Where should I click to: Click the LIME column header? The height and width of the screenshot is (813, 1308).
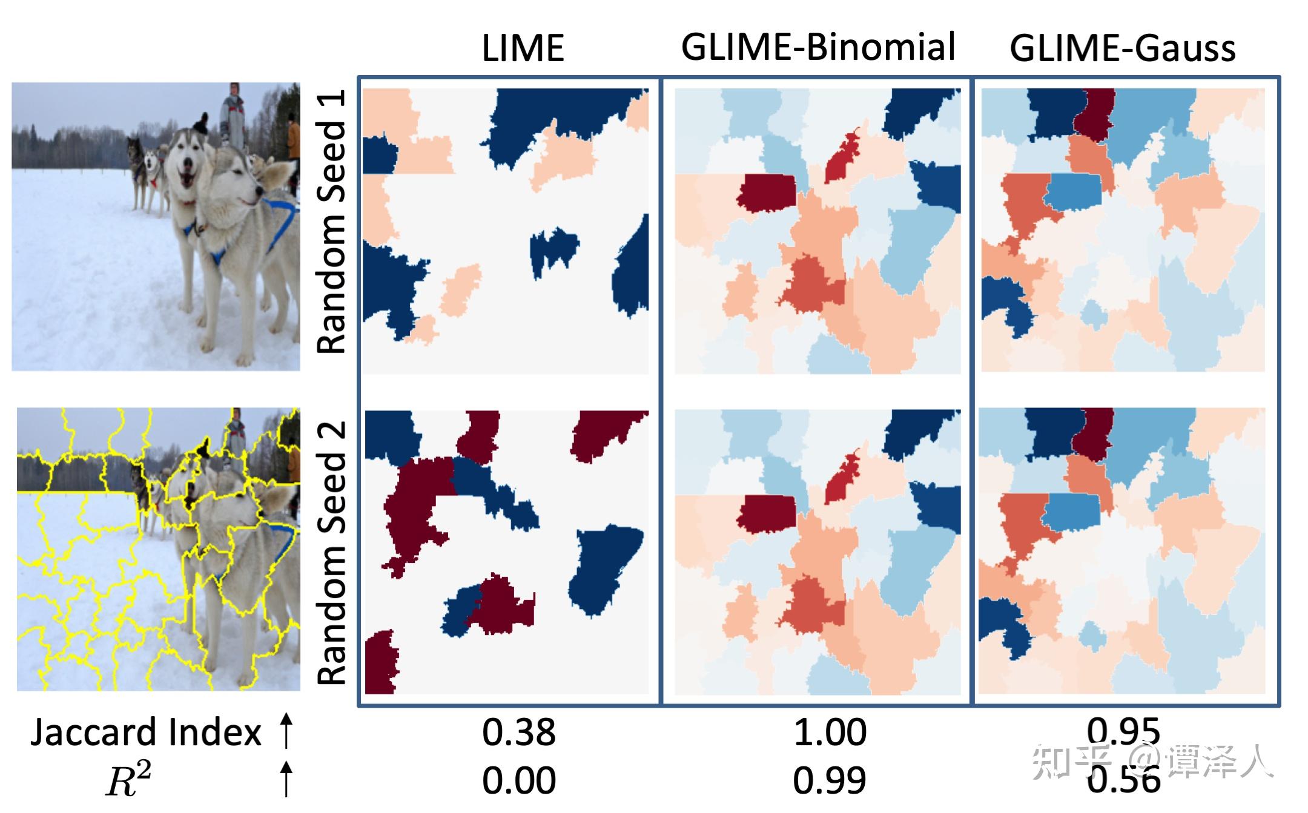523,48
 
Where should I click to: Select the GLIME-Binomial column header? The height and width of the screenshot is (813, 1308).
818,47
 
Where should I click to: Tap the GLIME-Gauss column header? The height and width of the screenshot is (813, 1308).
1122,48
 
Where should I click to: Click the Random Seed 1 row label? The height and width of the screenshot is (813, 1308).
332,222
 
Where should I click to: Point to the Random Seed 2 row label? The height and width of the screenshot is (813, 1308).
332,552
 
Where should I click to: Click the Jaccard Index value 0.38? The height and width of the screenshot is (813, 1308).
518,732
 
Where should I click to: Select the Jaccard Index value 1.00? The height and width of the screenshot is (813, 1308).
830,732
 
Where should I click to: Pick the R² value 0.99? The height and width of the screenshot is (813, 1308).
830,780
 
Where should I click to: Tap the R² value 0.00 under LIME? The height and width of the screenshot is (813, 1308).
518,780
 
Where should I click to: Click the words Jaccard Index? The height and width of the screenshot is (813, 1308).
145,732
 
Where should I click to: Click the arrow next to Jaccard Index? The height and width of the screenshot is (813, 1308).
286,730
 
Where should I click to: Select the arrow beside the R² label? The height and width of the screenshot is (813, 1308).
286,779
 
